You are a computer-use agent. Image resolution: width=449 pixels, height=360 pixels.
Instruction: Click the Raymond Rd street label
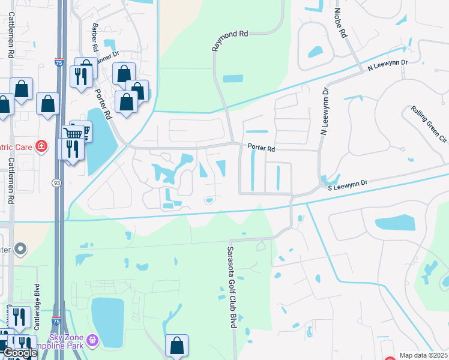click(x=229, y=41)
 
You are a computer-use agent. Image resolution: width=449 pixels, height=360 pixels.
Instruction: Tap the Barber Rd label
click(x=95, y=38)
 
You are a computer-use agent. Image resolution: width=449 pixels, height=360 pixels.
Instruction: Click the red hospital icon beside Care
click(x=41, y=146)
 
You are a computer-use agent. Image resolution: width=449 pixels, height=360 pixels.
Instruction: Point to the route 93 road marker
click(x=55, y=182)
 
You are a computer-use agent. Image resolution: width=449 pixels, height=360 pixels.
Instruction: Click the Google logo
click(x=19, y=353)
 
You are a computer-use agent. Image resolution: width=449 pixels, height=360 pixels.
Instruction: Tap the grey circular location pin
click(x=21, y=248)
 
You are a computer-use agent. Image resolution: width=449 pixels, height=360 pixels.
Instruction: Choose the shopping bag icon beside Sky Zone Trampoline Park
click(x=176, y=346)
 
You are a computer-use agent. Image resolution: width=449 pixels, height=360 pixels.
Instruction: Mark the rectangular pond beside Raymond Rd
click(x=232, y=79)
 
